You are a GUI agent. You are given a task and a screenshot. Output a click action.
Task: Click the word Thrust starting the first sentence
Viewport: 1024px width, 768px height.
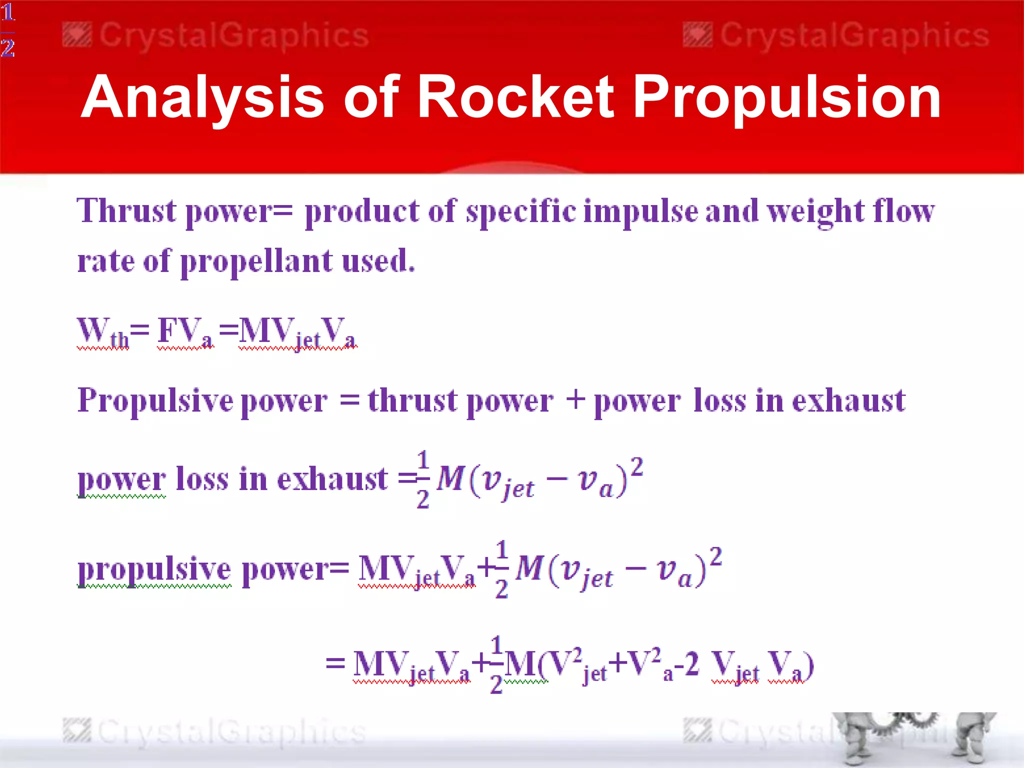point(126,210)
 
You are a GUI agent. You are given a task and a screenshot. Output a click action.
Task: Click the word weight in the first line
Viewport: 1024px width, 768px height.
point(815,211)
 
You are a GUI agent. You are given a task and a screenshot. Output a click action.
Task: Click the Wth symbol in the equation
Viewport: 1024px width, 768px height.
point(102,332)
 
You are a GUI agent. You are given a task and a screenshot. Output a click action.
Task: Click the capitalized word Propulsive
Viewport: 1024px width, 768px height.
point(155,400)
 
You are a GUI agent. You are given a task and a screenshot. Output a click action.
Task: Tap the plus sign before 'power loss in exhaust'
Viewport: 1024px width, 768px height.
point(575,399)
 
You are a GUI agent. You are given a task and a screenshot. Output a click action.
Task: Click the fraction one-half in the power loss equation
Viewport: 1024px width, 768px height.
point(423,478)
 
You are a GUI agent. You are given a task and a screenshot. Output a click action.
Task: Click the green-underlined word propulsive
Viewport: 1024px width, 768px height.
point(154,569)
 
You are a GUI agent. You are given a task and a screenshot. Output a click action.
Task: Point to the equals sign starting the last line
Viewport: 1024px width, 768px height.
point(335,663)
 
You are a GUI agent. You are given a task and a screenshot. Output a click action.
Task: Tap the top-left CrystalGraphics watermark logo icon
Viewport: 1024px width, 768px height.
point(77,35)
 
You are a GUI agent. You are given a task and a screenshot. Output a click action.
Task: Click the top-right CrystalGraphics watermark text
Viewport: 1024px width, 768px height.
point(854,35)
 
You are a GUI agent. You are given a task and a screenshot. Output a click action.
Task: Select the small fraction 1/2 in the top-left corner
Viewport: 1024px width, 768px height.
point(7,30)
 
